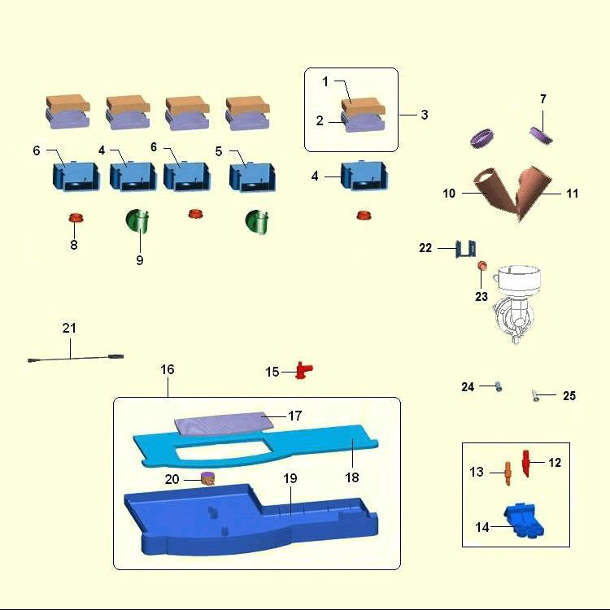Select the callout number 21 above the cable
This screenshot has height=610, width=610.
[69, 328]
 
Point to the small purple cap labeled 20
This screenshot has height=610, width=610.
[207, 477]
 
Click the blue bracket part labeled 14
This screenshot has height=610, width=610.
[524, 521]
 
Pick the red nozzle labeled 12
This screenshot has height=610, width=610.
[526, 463]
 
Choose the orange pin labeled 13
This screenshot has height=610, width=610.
[508, 471]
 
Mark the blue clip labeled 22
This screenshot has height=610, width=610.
[466, 247]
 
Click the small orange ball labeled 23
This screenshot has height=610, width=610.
[481, 266]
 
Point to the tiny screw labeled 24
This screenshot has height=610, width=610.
[498, 387]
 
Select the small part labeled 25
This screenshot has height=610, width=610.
[538, 396]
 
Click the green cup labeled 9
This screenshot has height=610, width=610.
[140, 221]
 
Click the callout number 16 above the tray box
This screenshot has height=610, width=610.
[168, 369]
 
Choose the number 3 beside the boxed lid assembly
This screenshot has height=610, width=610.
[425, 115]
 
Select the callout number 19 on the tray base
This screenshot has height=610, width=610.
[290, 478]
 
